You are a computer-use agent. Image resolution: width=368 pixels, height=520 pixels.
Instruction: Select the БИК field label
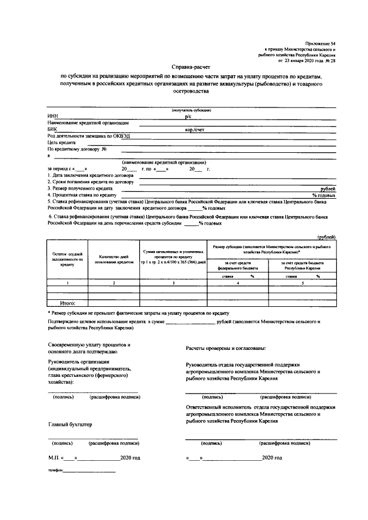[x=52, y=130]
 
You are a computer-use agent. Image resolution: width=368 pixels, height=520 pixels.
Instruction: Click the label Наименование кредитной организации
[x=88, y=122]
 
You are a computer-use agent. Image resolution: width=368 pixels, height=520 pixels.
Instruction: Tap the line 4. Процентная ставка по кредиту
[x=84, y=195]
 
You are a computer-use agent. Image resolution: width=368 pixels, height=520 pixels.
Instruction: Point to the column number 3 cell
[x=174, y=283]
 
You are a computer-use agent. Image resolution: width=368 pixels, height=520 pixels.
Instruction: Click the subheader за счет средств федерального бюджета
[x=237, y=265]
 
